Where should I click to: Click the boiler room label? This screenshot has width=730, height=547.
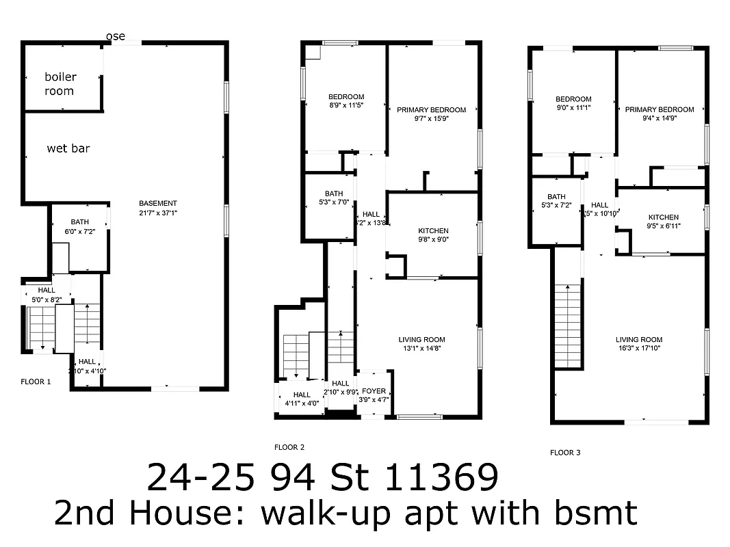coord(60,83)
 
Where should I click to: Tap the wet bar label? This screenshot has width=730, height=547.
coord(68,148)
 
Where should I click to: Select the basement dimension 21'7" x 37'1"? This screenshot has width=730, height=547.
coord(158,213)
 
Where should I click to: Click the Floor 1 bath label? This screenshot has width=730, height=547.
coord(79,222)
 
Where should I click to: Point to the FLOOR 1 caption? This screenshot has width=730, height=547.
coord(36,382)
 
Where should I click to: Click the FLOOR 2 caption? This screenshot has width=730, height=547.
coord(289,447)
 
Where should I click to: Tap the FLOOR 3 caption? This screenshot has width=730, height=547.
coord(565,452)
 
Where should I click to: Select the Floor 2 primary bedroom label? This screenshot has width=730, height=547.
coord(431,109)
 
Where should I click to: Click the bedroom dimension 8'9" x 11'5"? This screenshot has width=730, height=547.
coord(346,106)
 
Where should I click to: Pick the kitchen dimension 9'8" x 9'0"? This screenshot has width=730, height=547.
coord(433,240)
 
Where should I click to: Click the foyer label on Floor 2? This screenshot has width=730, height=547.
coord(374,391)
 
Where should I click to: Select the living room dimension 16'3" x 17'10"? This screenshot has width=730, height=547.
coord(639,349)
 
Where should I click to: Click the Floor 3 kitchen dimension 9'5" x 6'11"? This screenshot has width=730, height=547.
coord(663,226)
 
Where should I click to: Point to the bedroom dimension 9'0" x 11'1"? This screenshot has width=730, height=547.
coord(573,108)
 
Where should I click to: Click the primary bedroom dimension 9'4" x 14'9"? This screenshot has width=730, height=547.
coord(659,118)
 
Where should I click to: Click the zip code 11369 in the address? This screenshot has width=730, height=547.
coord(441,478)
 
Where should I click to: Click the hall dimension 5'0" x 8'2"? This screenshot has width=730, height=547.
coord(47,299)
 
